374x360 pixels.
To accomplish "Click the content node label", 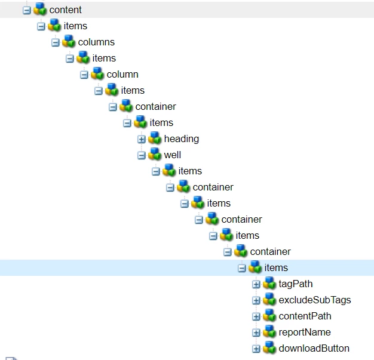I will pyautogui.click(x=65, y=10).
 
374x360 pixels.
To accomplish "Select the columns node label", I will pyautogui.click(x=96, y=42).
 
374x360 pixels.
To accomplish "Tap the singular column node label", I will pyautogui.click(x=122, y=74).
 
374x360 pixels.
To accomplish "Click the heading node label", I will pyautogui.click(x=181, y=139).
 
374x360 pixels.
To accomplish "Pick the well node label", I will pyautogui.click(x=172, y=155).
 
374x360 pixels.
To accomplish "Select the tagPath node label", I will pyautogui.click(x=295, y=284).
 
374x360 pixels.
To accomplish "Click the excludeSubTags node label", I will pyautogui.click(x=314, y=300).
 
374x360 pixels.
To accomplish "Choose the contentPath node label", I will pyautogui.click(x=305, y=316).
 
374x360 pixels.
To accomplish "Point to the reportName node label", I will pyautogui.click(x=304, y=332).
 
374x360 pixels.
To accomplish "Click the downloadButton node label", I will pyautogui.click(x=314, y=348).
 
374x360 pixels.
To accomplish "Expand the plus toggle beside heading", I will pyautogui.click(x=142, y=139).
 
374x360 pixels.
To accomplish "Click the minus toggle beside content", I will pyautogui.click(x=27, y=10).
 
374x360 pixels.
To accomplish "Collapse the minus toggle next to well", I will pyautogui.click(x=142, y=155).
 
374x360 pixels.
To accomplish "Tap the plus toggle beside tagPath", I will pyautogui.click(x=256, y=284).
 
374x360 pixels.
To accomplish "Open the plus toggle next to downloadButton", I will pyautogui.click(x=256, y=349).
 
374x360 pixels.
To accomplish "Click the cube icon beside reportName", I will pyautogui.click(x=269, y=332).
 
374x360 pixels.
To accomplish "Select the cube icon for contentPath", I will pyautogui.click(x=269, y=316).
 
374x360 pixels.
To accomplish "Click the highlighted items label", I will pyautogui.click(x=276, y=267).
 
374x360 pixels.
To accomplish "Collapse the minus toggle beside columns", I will pyautogui.click(x=56, y=42).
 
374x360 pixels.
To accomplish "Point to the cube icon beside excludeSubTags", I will pyautogui.click(x=269, y=300).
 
